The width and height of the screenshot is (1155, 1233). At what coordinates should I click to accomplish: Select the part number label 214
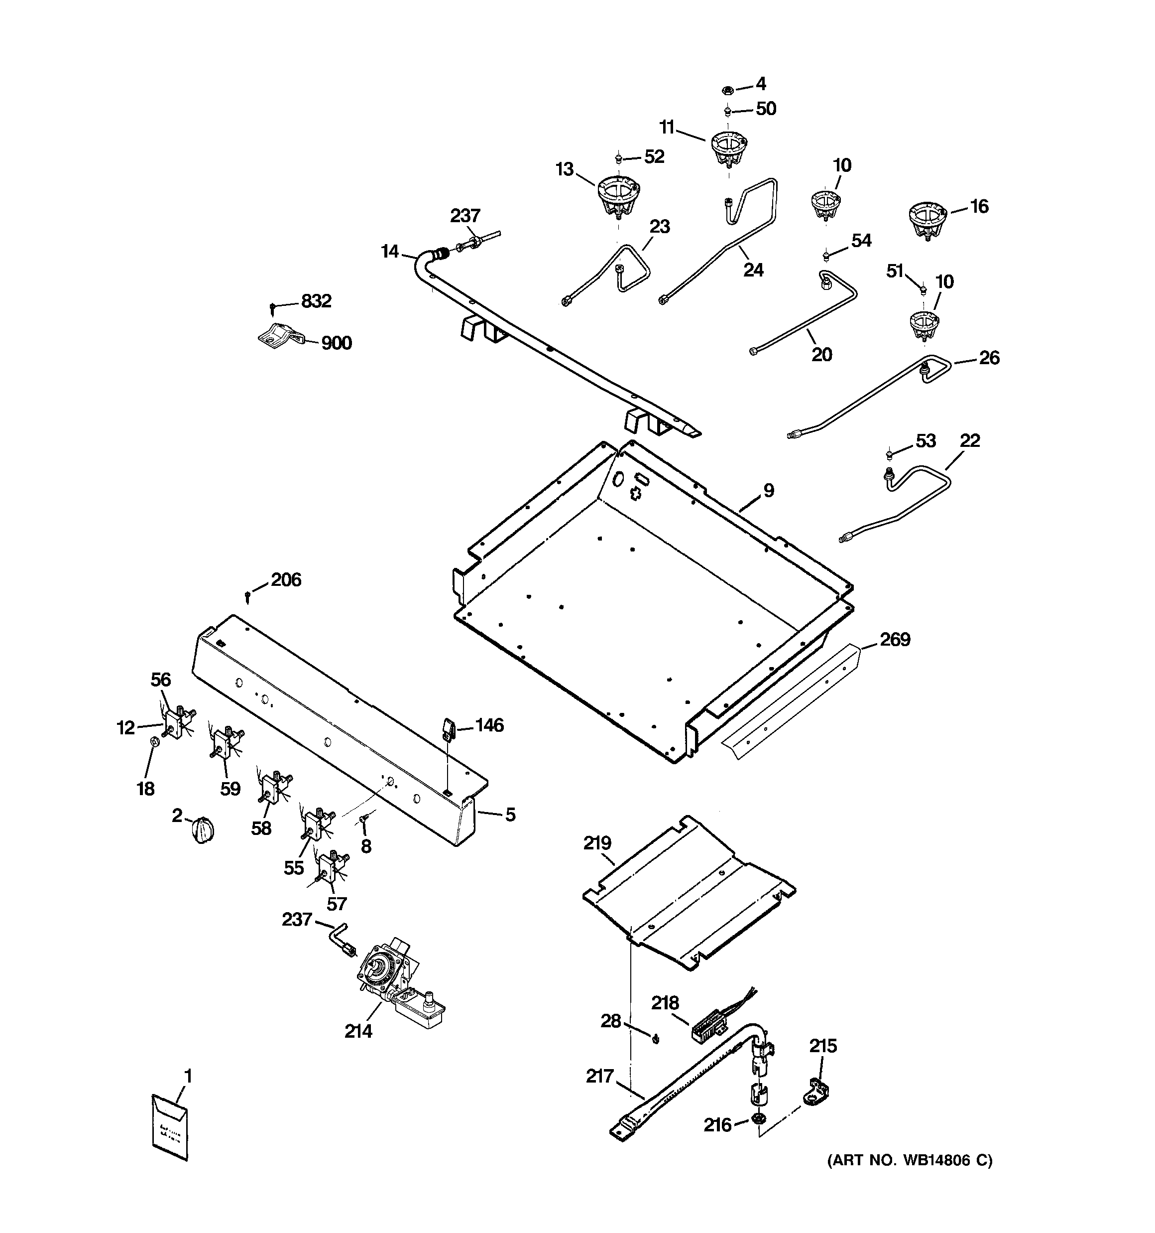click(358, 1031)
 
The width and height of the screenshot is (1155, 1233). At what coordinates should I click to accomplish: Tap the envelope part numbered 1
click(169, 1127)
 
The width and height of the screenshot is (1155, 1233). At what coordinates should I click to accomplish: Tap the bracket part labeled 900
click(280, 336)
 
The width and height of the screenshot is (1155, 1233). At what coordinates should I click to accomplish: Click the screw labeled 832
click(273, 307)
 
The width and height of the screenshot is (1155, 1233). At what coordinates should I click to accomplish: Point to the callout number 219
click(597, 843)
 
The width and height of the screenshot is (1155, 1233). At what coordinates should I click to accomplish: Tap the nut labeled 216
click(757, 1118)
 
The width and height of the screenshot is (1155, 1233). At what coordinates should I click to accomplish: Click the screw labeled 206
click(248, 597)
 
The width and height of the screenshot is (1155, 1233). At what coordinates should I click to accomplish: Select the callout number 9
click(768, 491)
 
